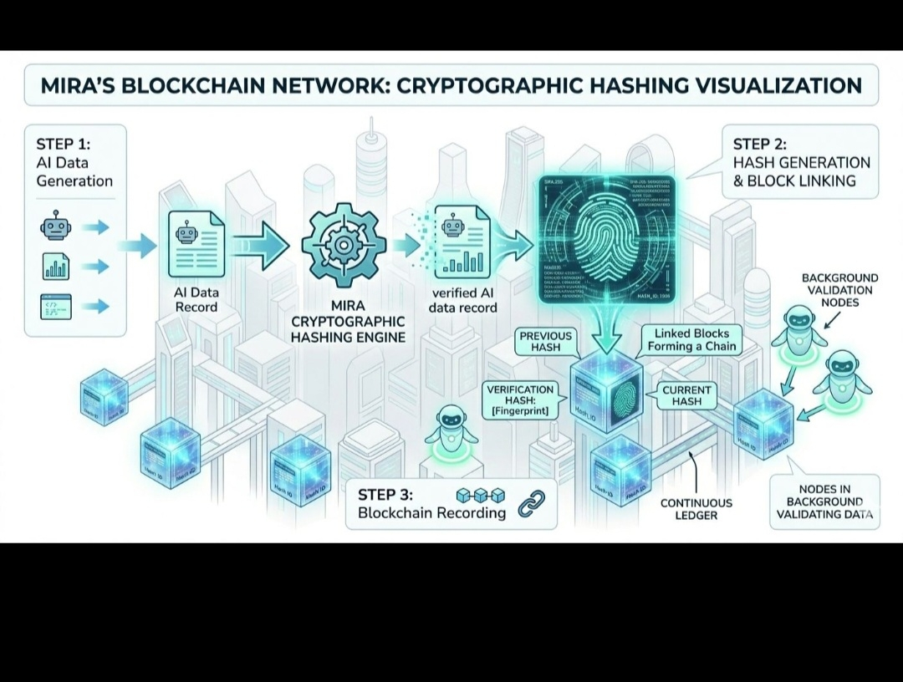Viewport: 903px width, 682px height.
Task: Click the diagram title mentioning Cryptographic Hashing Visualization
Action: pos(451,85)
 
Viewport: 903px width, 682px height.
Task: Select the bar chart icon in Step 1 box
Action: pos(56,267)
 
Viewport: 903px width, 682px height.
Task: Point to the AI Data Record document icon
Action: pos(196,243)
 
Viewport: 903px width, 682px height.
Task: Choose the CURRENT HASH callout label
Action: pos(686,395)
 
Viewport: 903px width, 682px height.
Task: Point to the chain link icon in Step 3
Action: pos(531,506)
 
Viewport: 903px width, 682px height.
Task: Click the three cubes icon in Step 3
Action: pos(480,496)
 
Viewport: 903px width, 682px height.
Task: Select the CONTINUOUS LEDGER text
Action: pos(696,509)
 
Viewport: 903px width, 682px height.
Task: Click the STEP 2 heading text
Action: pos(759,144)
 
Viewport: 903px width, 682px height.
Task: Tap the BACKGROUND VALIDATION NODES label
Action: pos(839,290)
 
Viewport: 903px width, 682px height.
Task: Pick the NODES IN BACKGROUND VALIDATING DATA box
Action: pos(824,501)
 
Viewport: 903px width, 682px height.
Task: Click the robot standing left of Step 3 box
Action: pos(451,430)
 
